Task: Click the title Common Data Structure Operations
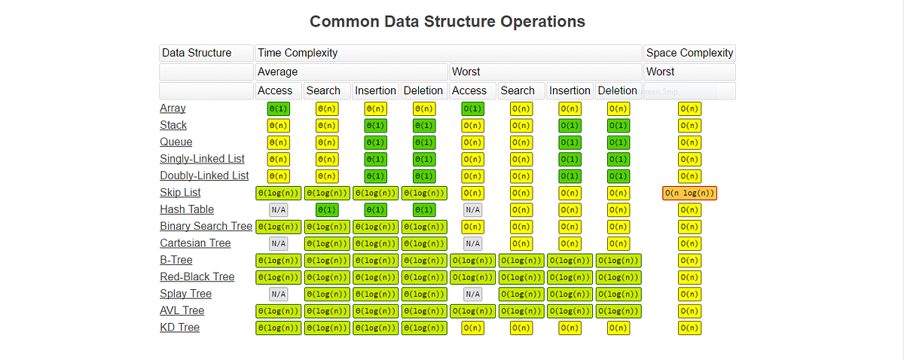click(447, 21)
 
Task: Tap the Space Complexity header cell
click(689, 53)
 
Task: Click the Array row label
click(173, 108)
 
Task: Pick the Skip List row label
click(180, 193)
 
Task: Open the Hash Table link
click(187, 209)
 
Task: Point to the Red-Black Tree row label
click(197, 277)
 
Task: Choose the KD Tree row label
click(179, 328)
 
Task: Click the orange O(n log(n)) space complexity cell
click(689, 193)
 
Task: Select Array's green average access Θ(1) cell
click(279, 108)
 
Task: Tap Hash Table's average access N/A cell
click(279, 210)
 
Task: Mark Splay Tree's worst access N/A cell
click(472, 294)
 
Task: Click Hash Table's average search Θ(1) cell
click(326, 210)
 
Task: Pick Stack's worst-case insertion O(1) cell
click(570, 126)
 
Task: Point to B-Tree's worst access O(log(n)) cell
click(472, 261)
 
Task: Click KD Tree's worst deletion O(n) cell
click(618, 328)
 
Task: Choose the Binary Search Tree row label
click(206, 227)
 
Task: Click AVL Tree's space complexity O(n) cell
click(689, 311)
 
